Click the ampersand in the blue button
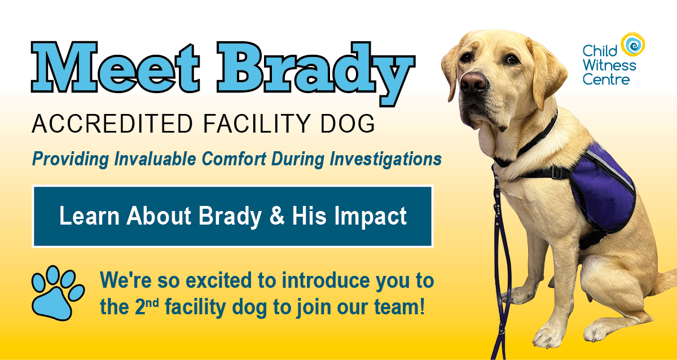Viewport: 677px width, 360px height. pyautogui.click(x=277, y=216)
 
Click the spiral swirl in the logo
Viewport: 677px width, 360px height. pyautogui.click(x=633, y=43)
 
